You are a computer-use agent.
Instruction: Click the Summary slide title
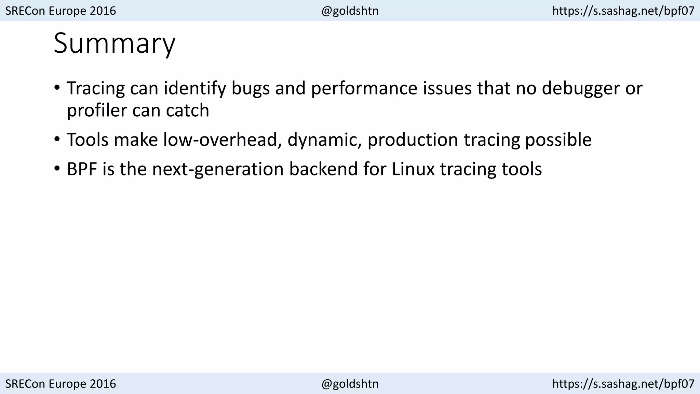pyautogui.click(x=115, y=43)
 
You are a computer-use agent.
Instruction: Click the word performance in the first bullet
pyautogui.click(x=364, y=89)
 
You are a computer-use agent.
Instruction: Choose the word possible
pyautogui.click(x=558, y=140)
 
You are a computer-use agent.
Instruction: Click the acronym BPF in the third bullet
pyautogui.click(x=82, y=169)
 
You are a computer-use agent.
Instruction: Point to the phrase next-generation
pyautogui.click(x=218, y=169)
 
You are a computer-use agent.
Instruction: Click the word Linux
pyautogui.click(x=413, y=169)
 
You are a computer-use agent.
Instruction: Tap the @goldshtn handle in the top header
pyautogui.click(x=350, y=11)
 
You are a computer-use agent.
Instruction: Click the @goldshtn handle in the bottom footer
pyautogui.click(x=350, y=384)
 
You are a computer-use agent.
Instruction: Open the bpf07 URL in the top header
pyautogui.click(x=623, y=11)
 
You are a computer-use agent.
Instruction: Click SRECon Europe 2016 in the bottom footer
pyautogui.click(x=61, y=384)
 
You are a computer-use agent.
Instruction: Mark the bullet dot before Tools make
pyautogui.click(x=57, y=140)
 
